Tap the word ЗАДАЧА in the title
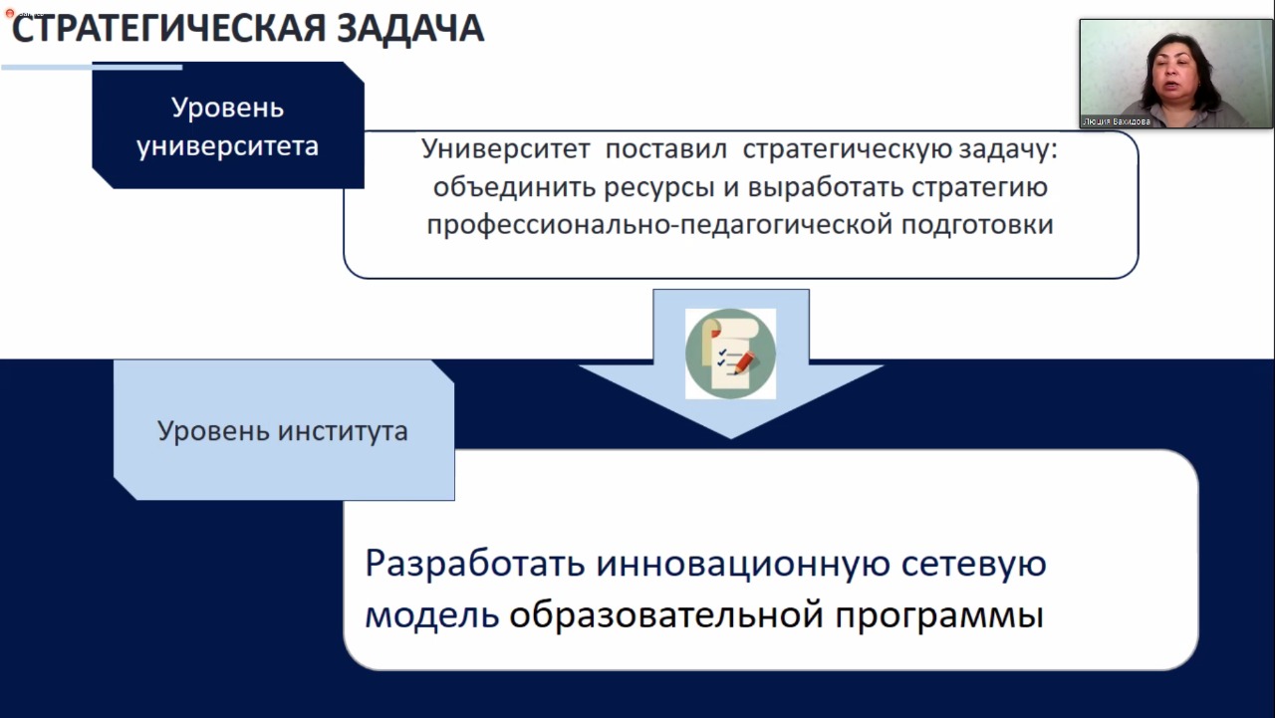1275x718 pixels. (x=410, y=29)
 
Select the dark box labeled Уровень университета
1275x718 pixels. (x=228, y=125)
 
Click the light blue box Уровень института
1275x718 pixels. (x=284, y=430)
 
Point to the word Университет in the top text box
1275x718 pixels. (x=505, y=149)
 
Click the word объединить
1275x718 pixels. (x=514, y=187)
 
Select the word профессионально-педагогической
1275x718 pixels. (x=659, y=225)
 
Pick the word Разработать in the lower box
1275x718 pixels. (x=475, y=563)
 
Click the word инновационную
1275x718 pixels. (x=743, y=564)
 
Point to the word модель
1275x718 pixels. (x=432, y=615)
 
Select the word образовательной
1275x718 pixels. (x=666, y=615)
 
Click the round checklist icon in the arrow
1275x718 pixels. (x=730, y=354)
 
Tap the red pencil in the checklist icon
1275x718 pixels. (x=744, y=362)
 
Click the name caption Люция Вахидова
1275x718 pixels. (x=1117, y=121)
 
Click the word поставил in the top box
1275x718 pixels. (x=666, y=149)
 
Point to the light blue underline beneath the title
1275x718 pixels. (x=92, y=67)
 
